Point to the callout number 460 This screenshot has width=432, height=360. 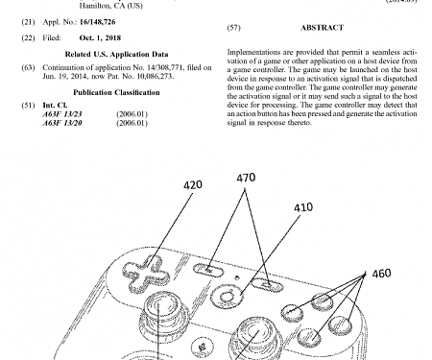point(381,274)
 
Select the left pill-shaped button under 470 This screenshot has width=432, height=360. point(207,272)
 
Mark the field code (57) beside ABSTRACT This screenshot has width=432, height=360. point(233,56)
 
